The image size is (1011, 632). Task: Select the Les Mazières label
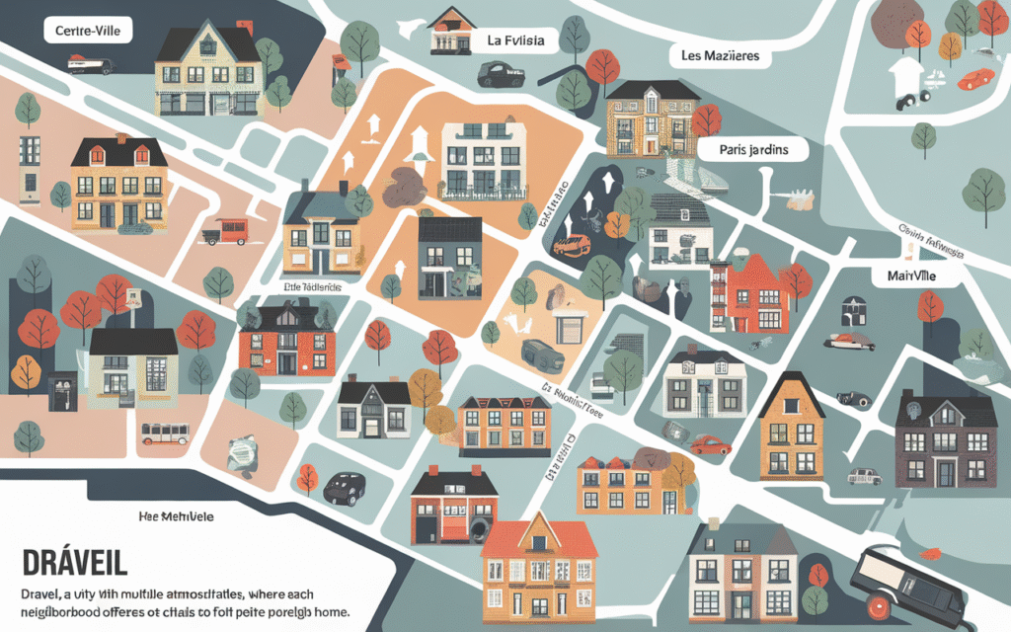[721, 56]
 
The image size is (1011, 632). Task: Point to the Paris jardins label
[753, 150]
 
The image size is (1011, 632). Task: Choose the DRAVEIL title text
[74, 564]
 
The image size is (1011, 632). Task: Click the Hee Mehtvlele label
[178, 516]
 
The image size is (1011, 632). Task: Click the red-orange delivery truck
[225, 231]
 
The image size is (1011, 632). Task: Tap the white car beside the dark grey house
[863, 476]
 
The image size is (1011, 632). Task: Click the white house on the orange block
[481, 158]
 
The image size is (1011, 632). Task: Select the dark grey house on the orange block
[449, 259]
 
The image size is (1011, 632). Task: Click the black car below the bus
[344, 487]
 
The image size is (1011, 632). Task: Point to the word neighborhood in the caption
[69, 614]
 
